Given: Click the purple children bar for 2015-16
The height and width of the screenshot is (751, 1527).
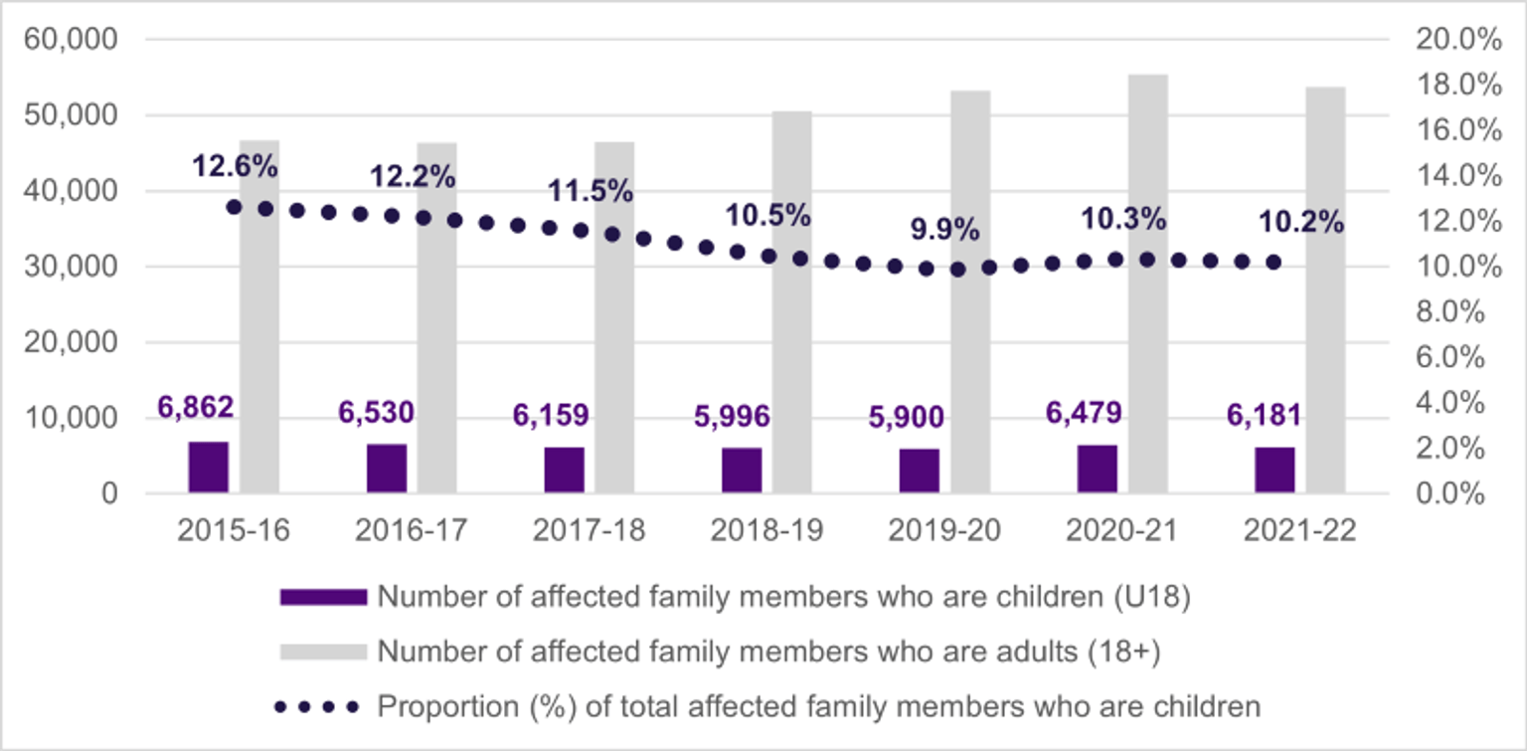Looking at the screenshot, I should click(208, 467).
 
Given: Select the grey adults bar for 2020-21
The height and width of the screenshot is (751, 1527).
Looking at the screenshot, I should click(1148, 283).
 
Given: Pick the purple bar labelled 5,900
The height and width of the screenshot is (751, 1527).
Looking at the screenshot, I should click(920, 469).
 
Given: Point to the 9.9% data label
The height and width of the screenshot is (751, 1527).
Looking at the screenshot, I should click(945, 231).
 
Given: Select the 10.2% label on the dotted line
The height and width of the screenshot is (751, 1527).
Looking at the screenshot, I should click(1300, 223).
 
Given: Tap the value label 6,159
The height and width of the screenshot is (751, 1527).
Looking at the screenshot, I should click(551, 415).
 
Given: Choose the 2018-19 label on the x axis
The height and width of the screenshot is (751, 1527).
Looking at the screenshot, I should click(766, 530).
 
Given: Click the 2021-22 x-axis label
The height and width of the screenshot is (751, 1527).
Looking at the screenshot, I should click(1300, 530).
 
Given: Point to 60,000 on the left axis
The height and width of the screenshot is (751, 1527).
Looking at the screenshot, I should click(77, 40).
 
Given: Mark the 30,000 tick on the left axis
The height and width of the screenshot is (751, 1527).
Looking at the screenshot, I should click(77, 267).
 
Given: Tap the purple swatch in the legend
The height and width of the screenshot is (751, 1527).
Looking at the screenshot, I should click(323, 597).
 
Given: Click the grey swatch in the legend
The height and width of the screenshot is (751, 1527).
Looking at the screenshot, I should click(323, 652).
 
